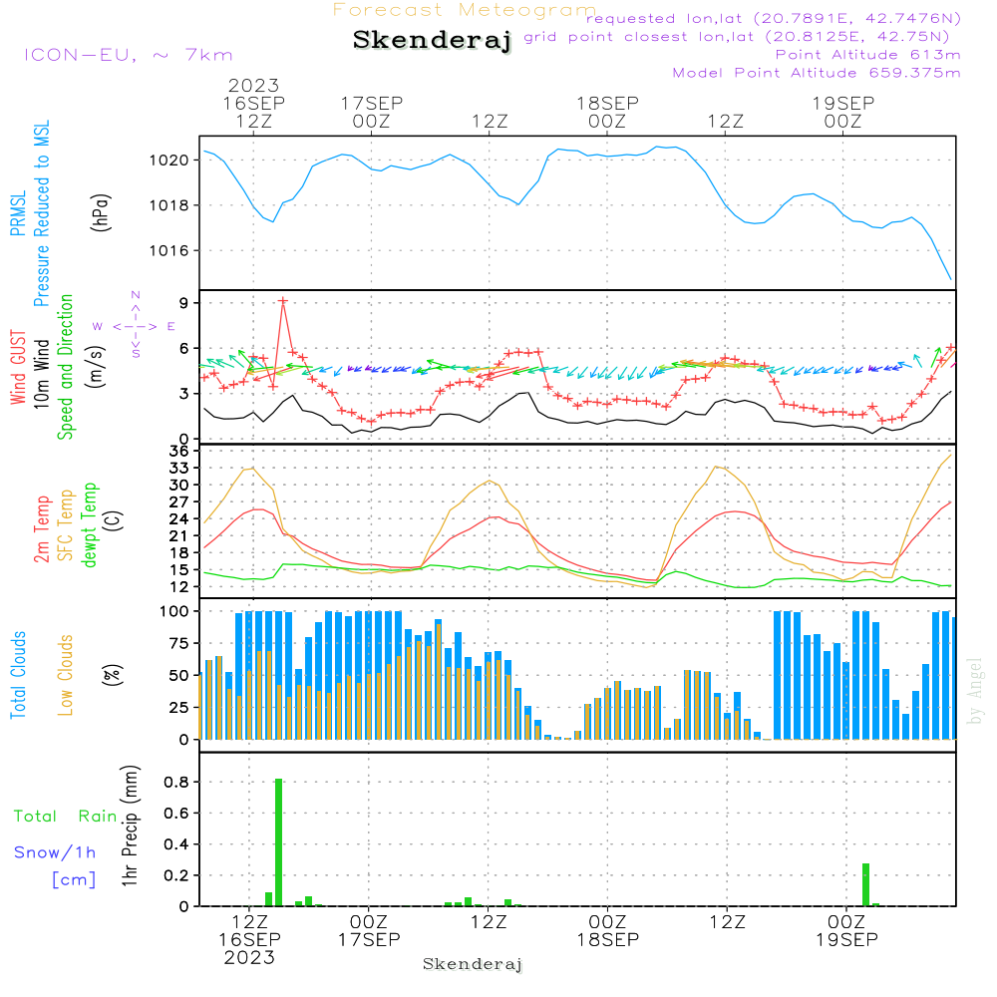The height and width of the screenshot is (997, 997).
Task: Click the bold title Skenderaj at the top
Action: point(432,40)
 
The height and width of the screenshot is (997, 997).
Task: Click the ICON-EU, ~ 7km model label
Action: point(129,55)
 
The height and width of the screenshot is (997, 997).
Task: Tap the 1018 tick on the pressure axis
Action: point(169,205)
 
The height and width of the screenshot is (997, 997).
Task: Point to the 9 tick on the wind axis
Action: point(184,303)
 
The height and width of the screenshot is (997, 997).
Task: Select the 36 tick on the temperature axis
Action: point(179,451)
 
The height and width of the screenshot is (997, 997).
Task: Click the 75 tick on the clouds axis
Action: point(179,643)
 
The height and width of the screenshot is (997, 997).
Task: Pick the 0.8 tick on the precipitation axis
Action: point(176,782)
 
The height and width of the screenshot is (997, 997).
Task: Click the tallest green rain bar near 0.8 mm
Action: point(278,842)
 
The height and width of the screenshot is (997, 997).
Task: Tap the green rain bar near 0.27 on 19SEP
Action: point(865,884)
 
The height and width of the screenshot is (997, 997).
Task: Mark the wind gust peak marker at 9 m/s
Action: point(283,301)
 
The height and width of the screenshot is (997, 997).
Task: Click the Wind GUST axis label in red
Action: point(18,367)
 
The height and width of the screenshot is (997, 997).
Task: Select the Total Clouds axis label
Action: point(18,675)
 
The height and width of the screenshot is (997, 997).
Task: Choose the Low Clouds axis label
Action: point(66,675)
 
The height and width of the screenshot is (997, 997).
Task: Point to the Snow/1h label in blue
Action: point(55,852)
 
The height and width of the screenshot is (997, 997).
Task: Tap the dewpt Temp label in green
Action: point(89,524)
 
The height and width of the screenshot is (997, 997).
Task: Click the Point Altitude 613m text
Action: point(867,55)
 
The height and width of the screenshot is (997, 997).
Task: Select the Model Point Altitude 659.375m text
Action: point(817,73)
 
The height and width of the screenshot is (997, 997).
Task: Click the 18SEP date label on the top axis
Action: point(607,103)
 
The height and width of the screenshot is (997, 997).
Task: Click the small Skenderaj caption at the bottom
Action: point(473,964)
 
